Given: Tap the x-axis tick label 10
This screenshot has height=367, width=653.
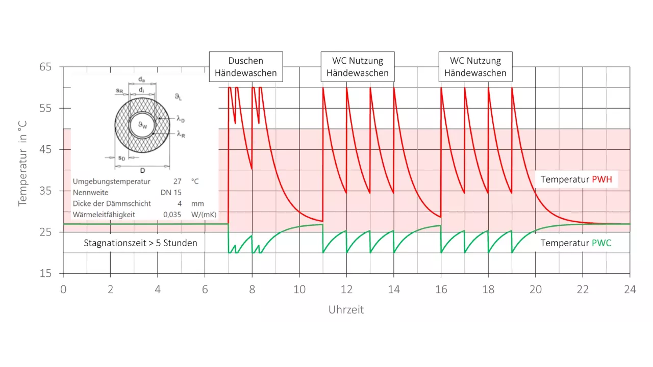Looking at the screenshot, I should pyautogui.click(x=299, y=290).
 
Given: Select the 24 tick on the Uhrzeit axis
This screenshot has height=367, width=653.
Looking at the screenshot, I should pyautogui.click(x=630, y=290).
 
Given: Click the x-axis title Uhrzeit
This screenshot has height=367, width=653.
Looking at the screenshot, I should pyautogui.click(x=346, y=309).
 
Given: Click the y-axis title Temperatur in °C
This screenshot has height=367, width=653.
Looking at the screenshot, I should pyautogui.click(x=22, y=164).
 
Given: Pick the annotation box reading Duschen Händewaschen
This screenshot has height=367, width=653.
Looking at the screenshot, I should pyautogui.click(x=245, y=67).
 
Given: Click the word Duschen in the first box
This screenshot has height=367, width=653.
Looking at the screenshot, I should pyautogui.click(x=245, y=61).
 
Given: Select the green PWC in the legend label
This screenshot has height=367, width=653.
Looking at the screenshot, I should pyautogui.click(x=601, y=243).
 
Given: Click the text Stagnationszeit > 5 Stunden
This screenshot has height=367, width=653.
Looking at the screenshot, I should pyautogui.click(x=140, y=243).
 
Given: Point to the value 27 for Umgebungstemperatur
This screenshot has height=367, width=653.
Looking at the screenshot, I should pyautogui.click(x=177, y=181).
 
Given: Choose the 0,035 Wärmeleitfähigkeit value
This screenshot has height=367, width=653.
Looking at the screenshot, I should pyautogui.click(x=172, y=215).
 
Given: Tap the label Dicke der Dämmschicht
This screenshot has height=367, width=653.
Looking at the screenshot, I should pyautogui.click(x=112, y=203).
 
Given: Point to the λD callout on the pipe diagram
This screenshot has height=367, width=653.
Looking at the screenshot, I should pyautogui.click(x=181, y=118).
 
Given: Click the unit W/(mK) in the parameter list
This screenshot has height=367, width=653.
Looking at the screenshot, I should pyautogui.click(x=204, y=215).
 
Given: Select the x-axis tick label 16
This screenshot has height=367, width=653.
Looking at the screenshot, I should pyautogui.click(x=441, y=290).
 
